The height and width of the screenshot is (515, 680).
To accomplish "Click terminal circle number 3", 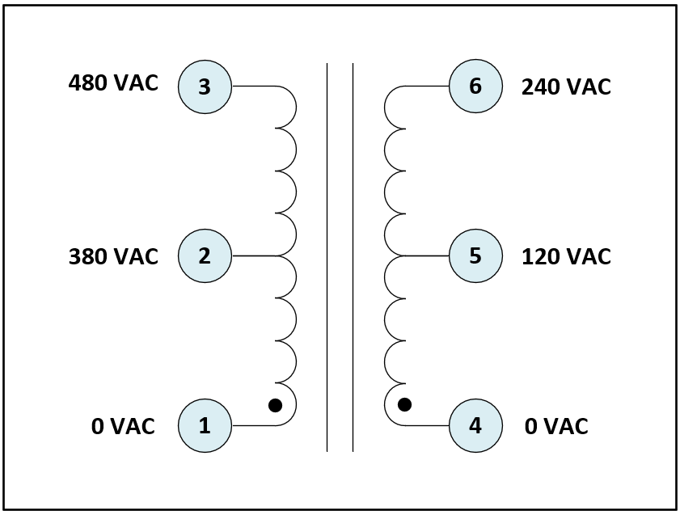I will tap(205, 86).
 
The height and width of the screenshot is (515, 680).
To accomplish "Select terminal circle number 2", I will tap(205, 255).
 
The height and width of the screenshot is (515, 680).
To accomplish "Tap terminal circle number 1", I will tap(205, 425).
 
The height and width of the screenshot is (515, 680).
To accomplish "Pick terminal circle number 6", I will tap(475, 86).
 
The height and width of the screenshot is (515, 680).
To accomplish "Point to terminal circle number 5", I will tap(475, 255).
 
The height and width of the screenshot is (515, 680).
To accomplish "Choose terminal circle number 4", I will tap(475, 425).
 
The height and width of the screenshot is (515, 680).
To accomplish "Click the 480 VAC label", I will tap(113, 83).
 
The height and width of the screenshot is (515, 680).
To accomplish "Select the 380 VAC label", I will tap(113, 256).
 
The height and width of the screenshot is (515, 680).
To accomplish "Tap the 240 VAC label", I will tap(566, 87).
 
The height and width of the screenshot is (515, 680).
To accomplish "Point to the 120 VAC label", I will tap(566, 256).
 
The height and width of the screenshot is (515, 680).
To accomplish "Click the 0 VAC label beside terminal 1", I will tap(123, 426).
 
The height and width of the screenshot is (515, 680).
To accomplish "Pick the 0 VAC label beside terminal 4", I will tap(556, 426).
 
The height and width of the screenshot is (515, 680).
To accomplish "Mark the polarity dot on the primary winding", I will tap(275, 405).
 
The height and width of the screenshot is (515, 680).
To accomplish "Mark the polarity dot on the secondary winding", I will tap(404, 404).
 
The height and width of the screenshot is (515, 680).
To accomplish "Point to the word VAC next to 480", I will tap(133, 83).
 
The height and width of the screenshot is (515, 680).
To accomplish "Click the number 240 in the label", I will tap(542, 87).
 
